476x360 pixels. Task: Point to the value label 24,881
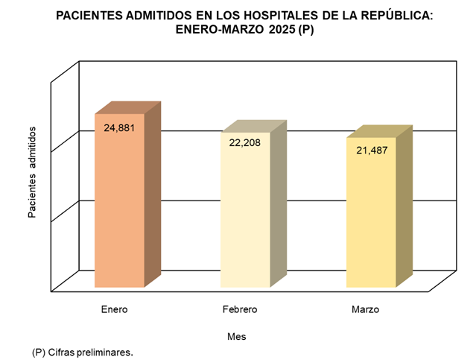coord(119,128)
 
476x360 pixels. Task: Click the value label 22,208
coord(245,142)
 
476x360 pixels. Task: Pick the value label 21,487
coord(371,150)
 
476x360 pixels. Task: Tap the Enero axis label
coord(114,309)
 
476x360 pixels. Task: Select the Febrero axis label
coord(240,309)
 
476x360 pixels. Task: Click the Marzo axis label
coord(365,309)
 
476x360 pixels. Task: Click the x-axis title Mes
coord(237,336)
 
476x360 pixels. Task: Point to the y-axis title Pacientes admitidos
coord(33,172)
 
